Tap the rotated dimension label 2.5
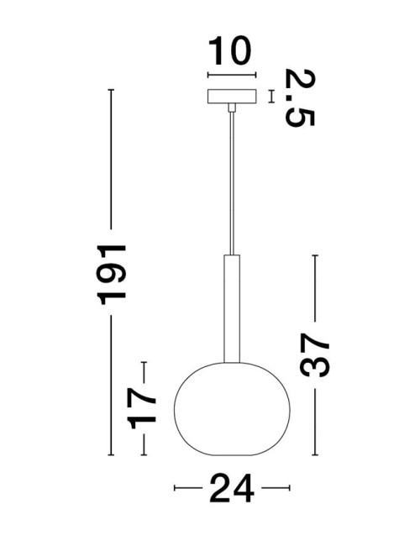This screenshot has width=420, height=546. [x=299, y=97]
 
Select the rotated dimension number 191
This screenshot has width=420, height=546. [x=111, y=273]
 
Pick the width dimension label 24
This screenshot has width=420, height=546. [x=231, y=487]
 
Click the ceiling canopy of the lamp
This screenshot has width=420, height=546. [x=229, y=96]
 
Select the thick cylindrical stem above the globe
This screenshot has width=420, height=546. [x=230, y=310]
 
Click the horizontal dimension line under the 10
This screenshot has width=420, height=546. [x=229, y=79]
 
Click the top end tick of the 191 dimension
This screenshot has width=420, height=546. [x=111, y=89]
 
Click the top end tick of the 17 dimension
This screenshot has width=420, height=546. [x=144, y=361]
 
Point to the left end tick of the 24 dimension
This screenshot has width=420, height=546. [x=174, y=487]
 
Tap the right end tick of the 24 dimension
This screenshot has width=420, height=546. [x=287, y=487]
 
